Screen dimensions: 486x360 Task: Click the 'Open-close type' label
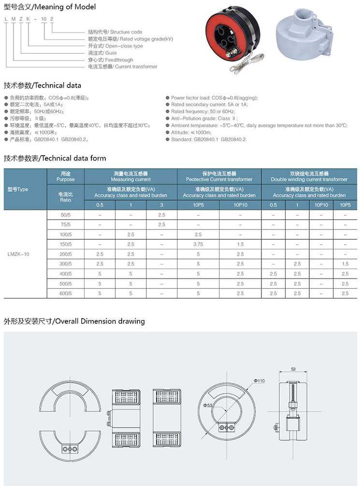[118, 46]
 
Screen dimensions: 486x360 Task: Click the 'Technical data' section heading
[43, 86]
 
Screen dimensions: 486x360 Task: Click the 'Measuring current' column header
[130, 176]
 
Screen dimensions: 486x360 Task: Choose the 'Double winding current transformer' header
[309, 176]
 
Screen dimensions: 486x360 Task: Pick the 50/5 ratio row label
[65, 214]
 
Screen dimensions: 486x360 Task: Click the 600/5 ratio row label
[65, 293]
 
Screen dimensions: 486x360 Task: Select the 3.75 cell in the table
[198, 244]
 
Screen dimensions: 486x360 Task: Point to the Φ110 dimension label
[259, 381]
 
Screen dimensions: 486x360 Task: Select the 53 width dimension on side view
[293, 369]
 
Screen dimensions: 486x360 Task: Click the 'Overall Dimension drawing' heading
[74, 321]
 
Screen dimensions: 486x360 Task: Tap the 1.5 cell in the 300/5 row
[345, 264]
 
